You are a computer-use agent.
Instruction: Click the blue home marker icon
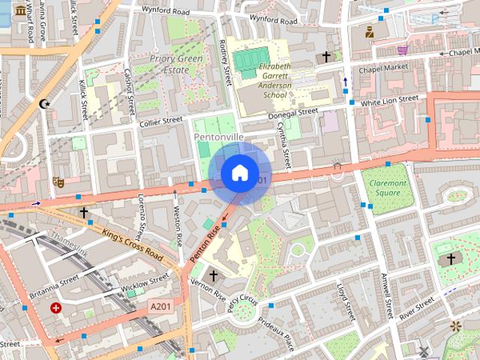[x=238, y=173]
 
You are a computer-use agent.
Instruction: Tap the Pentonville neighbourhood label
[x=218, y=138]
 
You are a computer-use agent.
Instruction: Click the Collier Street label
[x=160, y=120]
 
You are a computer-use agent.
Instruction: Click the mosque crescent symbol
[x=44, y=103]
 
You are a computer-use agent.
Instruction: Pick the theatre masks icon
[x=56, y=181]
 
